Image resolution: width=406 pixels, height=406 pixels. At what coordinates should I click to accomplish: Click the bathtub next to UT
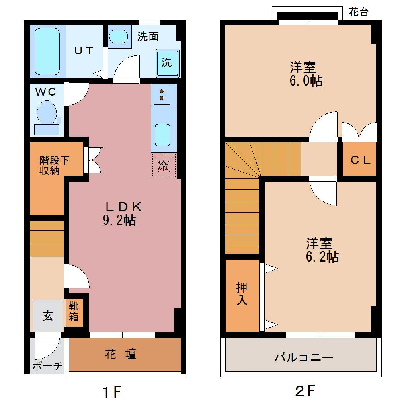[47, 51]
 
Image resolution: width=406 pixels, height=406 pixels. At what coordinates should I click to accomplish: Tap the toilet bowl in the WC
[47, 113]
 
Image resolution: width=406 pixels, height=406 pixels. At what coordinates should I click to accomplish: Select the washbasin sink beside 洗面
[118, 36]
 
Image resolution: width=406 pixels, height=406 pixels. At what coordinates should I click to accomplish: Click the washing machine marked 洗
[168, 63]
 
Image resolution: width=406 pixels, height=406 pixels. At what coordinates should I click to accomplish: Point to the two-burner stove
[162, 94]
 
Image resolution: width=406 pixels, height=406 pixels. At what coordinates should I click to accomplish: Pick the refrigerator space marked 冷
[164, 166]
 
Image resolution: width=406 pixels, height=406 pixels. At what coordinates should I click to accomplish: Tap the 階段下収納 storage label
[54, 166]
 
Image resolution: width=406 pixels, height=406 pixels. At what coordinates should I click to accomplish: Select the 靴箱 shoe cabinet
[74, 312]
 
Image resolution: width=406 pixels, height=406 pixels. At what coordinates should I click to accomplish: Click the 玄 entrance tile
[48, 316]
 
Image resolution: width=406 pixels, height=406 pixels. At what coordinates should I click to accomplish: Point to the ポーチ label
[47, 366]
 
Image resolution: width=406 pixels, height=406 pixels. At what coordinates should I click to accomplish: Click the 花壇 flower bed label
[121, 354]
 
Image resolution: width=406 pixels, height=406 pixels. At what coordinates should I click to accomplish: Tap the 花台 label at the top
[359, 12]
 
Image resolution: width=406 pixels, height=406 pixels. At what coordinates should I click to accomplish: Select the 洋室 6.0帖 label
[306, 74]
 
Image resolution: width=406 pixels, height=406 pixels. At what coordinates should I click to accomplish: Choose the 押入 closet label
[242, 294]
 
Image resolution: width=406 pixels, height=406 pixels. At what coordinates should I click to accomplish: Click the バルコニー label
[303, 358]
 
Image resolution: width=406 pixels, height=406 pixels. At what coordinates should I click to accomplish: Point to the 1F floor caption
[112, 392]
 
